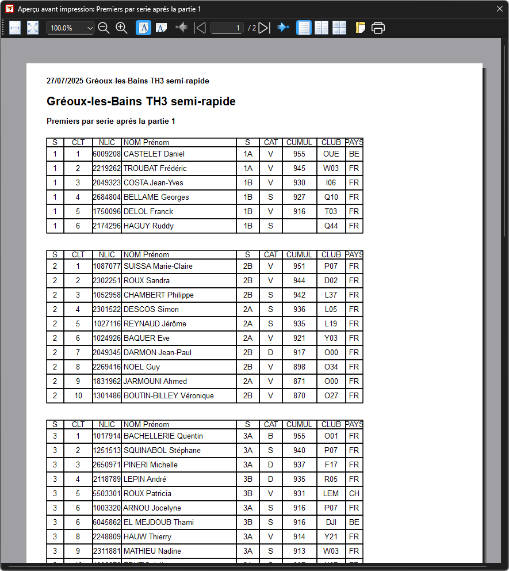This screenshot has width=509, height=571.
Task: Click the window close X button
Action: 499,9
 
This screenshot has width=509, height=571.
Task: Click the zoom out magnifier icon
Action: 104,28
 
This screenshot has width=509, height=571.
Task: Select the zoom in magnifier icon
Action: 121,28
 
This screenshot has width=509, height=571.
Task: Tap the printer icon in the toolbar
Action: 378,28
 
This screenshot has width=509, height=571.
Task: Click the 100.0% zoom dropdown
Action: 71,28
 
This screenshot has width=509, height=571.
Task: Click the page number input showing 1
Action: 227,28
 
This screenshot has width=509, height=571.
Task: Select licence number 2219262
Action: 107,169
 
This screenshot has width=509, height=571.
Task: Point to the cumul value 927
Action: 299,197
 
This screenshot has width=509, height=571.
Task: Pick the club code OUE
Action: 331,154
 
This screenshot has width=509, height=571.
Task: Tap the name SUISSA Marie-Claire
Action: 158,267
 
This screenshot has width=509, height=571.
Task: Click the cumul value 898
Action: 299,367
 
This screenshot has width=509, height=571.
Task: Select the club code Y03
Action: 331,338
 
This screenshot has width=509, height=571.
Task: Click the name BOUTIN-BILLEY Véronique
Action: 169,396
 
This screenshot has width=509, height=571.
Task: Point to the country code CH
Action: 354,494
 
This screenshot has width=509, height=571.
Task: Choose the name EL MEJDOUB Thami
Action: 159,523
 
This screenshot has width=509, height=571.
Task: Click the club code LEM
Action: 331,494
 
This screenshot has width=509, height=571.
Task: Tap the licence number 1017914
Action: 107,436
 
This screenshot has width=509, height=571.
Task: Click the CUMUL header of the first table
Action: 299,142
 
